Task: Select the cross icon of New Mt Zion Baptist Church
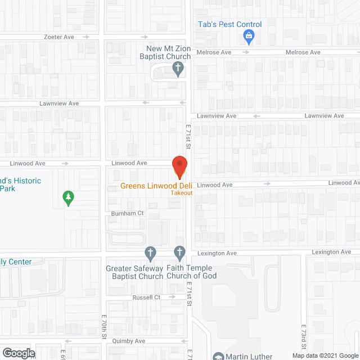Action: coord(178,70)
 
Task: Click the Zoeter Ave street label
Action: coord(60,37)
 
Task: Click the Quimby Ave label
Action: coord(132,341)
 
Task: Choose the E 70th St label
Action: coord(104,327)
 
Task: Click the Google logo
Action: coord(18,353)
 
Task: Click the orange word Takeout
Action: coord(182,193)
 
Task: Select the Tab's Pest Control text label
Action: coord(229,24)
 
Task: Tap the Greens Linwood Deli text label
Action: coord(157,186)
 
